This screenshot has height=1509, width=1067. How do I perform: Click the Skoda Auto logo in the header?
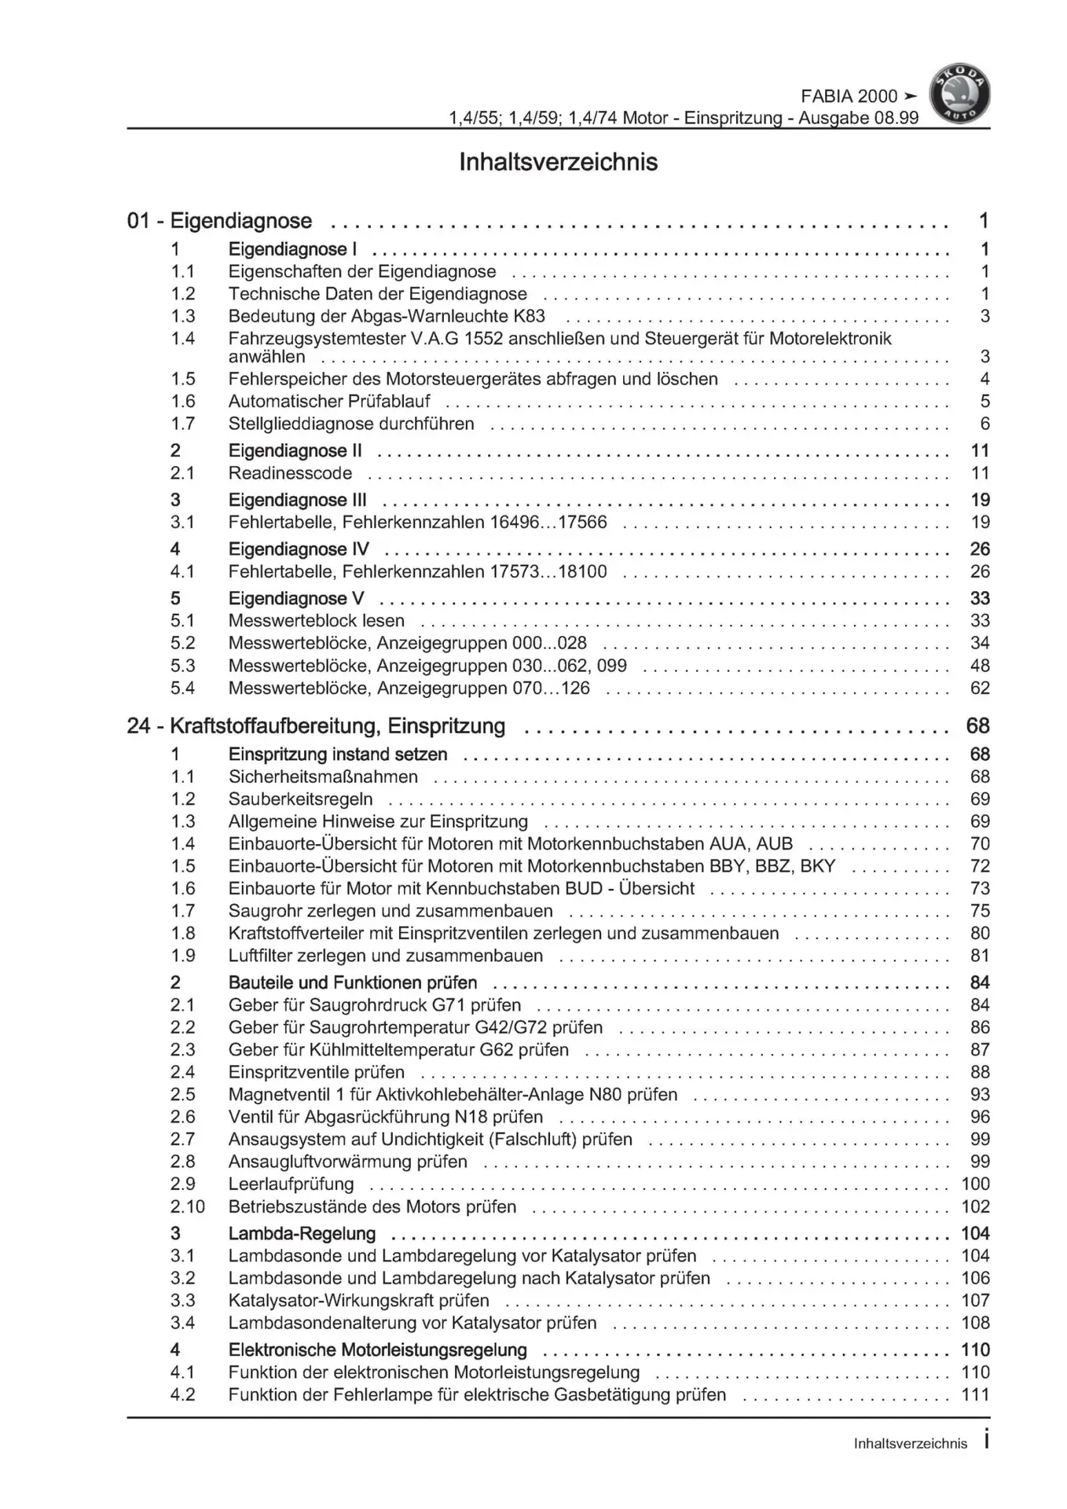point(959,94)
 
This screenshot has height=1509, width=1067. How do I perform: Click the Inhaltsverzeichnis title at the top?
point(558,163)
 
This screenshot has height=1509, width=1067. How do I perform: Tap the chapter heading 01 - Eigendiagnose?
point(219,221)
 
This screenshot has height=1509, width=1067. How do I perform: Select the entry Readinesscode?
point(290,473)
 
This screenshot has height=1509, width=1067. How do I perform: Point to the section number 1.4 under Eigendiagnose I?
point(182,339)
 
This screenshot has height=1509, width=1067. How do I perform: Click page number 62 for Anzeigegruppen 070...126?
point(979,688)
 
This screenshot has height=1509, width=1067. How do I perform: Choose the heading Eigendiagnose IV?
point(299,549)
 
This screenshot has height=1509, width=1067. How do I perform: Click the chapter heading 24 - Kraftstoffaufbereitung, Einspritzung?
point(316,726)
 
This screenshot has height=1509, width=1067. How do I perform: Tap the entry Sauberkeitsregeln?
point(300,799)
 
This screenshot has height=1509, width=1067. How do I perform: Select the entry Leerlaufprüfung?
point(291,1184)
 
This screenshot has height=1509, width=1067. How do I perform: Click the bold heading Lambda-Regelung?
point(302,1234)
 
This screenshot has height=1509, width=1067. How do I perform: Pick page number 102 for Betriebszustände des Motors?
point(975,1206)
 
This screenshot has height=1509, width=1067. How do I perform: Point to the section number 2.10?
point(187,1206)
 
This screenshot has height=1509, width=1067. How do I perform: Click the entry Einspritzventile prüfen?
point(316,1072)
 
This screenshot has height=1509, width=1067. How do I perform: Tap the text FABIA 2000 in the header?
point(849,96)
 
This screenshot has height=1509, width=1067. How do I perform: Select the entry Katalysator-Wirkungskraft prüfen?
point(358,1301)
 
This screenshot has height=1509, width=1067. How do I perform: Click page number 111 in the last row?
point(975,1395)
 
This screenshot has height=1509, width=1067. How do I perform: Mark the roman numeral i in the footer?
point(986,1441)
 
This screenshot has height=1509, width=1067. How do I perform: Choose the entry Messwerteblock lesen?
point(316,621)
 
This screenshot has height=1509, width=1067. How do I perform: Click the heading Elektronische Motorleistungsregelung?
point(377,1350)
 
